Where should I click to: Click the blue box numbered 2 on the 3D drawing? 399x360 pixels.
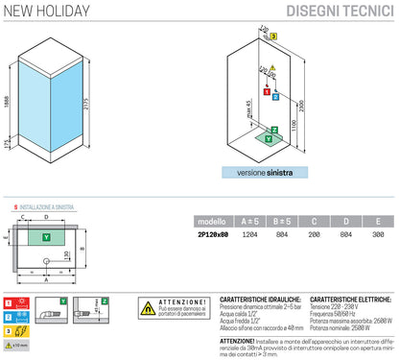[274, 96]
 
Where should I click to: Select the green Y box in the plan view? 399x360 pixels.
[47, 235]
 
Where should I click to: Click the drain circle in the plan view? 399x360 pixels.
[46, 257]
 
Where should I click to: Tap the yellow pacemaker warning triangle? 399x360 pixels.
[150, 308]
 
